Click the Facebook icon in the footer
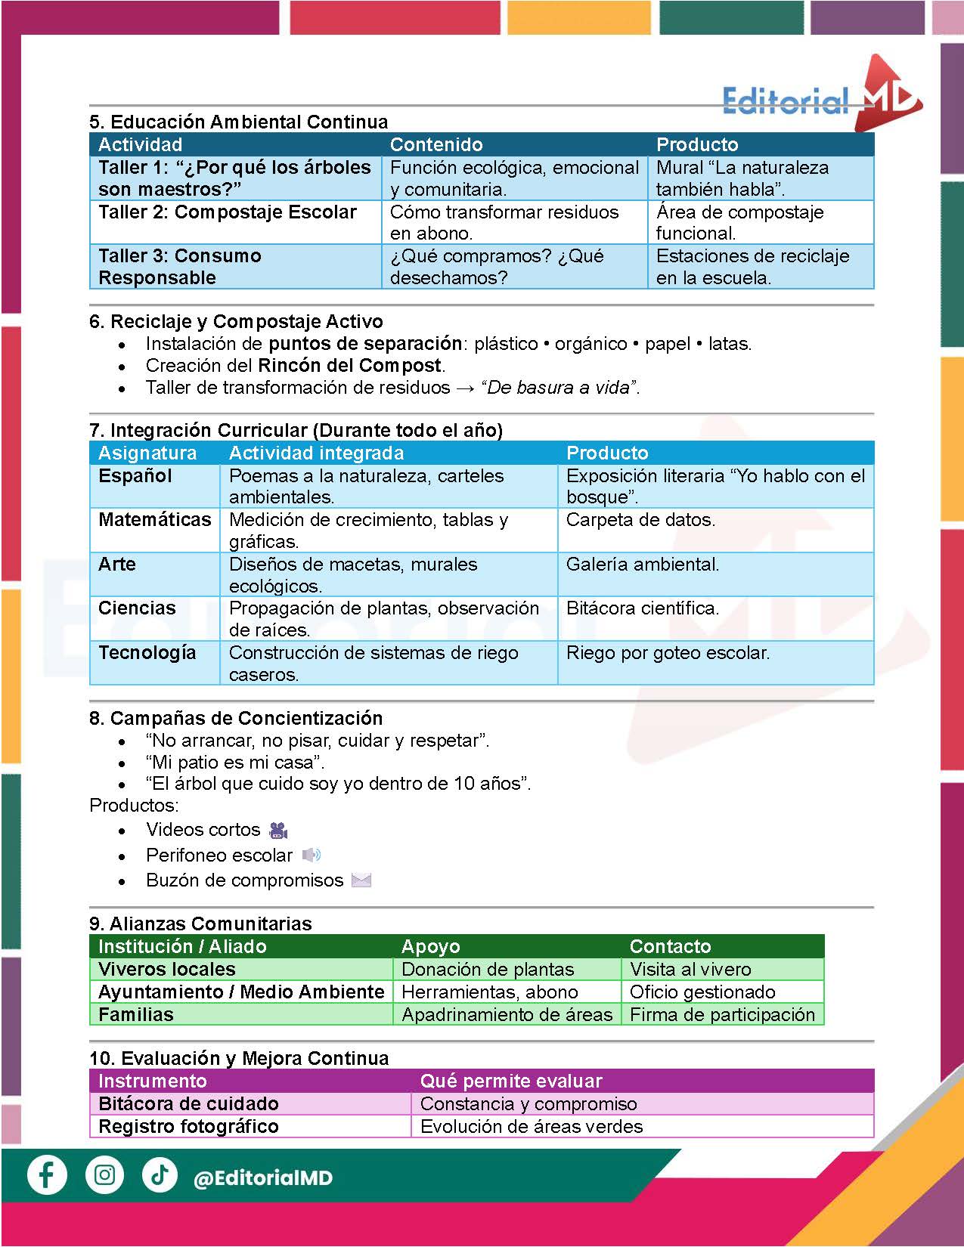[47, 1175]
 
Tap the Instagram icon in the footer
[104, 1175]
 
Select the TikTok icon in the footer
[160, 1175]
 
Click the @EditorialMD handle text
[263, 1177]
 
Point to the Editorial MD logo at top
[821, 97]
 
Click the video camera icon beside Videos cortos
[278, 830]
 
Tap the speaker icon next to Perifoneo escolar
[311, 855]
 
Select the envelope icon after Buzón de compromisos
[361, 880]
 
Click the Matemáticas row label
[155, 520]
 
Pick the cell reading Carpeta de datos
[640, 520]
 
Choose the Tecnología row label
[147, 653]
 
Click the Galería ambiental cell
[643, 565]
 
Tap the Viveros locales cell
[167, 969]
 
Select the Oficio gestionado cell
[702, 992]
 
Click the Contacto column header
[670, 946]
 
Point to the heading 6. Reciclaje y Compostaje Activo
[236, 321]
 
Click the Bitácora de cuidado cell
[188, 1103]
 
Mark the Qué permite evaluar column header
[511, 1081]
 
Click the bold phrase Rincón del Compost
[349, 366]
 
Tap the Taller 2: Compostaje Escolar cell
[228, 212]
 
